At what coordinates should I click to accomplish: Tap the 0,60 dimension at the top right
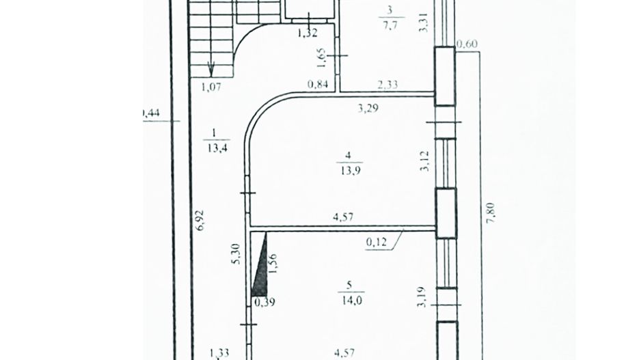coord(467,45)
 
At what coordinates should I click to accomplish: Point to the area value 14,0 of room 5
coord(348,296)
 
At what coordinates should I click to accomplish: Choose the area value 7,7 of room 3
coord(390,25)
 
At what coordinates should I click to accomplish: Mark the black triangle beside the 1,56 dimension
coord(260,267)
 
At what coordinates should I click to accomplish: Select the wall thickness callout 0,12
coord(377,240)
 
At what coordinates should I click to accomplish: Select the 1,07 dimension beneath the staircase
coord(211,86)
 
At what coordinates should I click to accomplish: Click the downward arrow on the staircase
coord(211,68)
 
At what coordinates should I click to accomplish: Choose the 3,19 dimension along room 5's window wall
coord(423,299)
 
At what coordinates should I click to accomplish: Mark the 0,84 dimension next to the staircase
coord(318,85)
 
